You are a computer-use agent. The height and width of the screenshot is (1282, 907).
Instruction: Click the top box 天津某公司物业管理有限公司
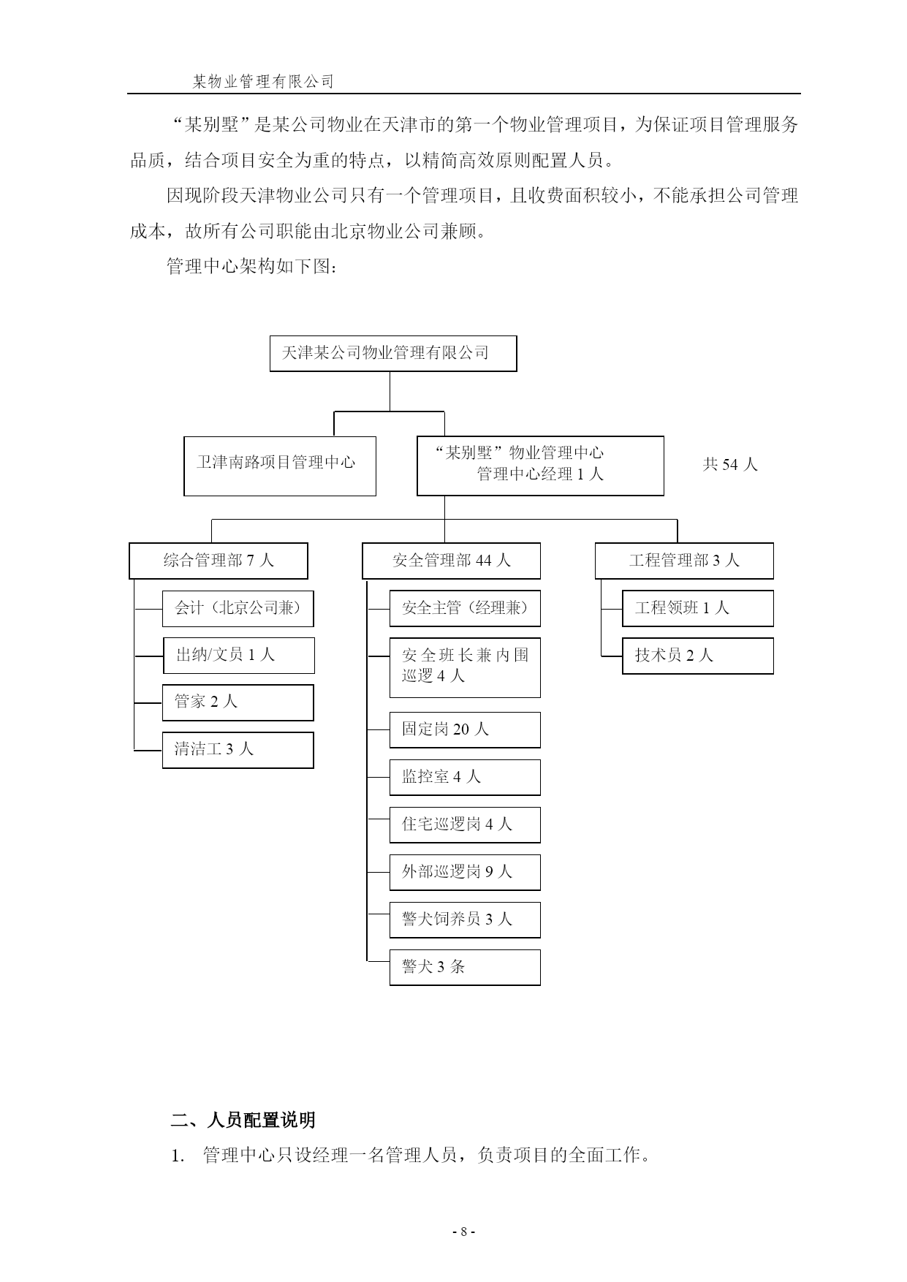tap(393, 354)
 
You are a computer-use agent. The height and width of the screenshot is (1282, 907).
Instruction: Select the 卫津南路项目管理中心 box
tap(280, 466)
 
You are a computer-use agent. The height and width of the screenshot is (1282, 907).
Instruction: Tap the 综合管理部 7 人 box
tap(219, 561)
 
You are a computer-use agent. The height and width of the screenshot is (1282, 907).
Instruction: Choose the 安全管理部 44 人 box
tap(452, 561)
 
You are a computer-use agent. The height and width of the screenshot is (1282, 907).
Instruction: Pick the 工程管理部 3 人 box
tap(684, 561)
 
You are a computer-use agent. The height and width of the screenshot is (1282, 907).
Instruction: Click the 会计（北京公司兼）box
tap(238, 609)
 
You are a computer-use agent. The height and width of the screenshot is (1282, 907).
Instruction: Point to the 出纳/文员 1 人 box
tap(238, 656)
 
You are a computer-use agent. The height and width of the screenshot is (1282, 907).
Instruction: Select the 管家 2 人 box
tap(238, 702)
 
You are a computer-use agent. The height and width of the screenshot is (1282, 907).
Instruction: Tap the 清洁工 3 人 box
tap(238, 750)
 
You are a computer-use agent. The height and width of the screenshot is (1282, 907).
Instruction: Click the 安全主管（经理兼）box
tap(465, 608)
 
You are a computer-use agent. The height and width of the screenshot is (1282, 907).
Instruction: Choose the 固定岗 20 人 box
tap(465, 729)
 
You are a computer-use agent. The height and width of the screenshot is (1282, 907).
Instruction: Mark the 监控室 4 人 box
tap(465, 777)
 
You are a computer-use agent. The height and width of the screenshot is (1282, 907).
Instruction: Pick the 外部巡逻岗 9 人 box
tap(465, 872)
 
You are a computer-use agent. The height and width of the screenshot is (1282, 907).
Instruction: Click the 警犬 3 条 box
tap(465, 967)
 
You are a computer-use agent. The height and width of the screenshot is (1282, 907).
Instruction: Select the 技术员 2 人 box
tap(698, 656)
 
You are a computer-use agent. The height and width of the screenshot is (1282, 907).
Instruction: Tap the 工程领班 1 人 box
tap(698, 608)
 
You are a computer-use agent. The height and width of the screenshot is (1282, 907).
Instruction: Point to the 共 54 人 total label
tap(730, 464)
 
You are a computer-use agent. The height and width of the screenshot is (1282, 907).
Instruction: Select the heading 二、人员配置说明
tap(243, 1120)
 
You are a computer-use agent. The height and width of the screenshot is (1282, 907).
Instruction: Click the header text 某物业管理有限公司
tap(263, 82)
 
